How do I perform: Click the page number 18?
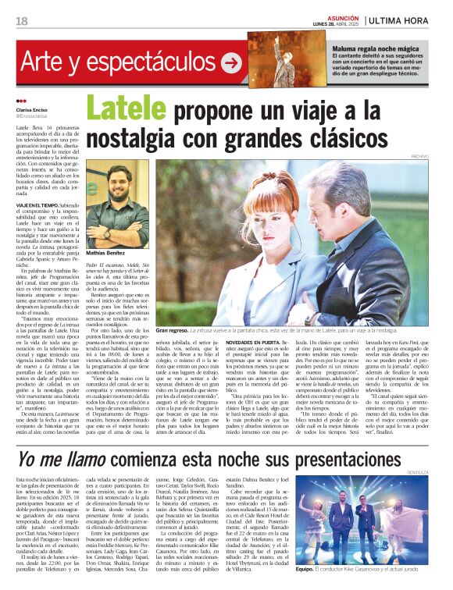tap(22, 20)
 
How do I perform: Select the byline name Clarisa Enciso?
tap(31, 110)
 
